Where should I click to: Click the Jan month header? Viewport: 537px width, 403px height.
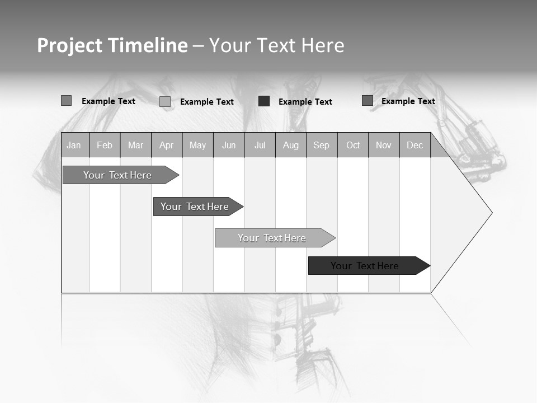point(74,146)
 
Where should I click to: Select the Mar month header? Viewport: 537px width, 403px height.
point(135,146)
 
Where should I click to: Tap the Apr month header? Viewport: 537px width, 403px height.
point(167,146)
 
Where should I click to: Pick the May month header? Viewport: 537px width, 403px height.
point(197,146)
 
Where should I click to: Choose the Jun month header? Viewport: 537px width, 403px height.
point(229,146)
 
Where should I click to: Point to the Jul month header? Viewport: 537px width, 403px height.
point(260,146)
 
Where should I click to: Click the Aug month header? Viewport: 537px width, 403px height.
point(291,146)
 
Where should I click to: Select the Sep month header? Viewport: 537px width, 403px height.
point(322,146)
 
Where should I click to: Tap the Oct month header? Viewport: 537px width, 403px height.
point(353,146)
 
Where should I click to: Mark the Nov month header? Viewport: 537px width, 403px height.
point(384,146)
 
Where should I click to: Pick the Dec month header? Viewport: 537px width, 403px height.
point(415,146)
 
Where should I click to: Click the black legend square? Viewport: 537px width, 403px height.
point(264,101)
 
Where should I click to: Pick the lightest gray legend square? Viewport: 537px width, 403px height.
point(165,101)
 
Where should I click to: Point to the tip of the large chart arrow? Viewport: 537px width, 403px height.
point(491,213)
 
